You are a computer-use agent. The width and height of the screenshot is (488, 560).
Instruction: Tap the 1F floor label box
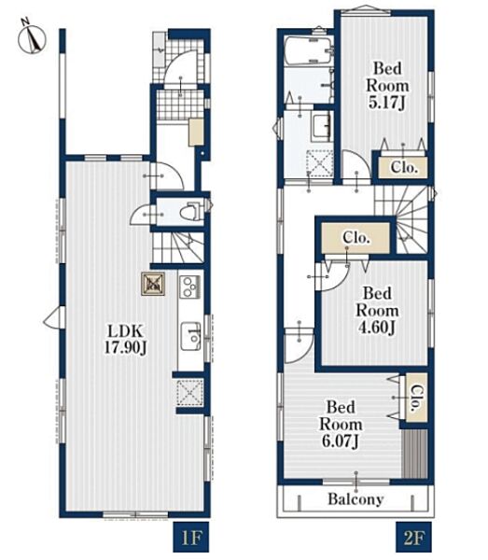click(191, 538)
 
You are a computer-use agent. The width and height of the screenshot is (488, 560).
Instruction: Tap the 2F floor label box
click(413, 538)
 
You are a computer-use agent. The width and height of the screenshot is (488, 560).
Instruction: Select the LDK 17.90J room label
click(126, 340)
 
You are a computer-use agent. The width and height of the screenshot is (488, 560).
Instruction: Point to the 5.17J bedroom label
click(387, 86)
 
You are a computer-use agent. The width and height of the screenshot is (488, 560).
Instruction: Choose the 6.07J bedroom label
click(341, 425)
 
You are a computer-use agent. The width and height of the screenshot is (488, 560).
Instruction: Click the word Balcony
click(356, 499)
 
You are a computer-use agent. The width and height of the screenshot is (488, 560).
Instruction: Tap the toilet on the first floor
click(190, 212)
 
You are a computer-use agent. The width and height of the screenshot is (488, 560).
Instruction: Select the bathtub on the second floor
click(309, 50)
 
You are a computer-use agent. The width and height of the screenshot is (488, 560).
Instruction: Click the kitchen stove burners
click(189, 287)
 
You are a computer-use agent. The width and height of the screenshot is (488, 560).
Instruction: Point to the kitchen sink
click(190, 336)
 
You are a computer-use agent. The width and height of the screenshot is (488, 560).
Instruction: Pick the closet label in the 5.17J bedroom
click(404, 167)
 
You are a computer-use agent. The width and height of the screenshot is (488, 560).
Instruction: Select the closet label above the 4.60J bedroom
click(356, 237)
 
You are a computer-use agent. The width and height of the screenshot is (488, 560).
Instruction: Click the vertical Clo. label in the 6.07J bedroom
click(416, 398)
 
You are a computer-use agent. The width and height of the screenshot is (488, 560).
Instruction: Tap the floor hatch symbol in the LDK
click(153, 284)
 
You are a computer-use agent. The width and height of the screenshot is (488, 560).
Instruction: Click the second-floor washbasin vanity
click(322, 126)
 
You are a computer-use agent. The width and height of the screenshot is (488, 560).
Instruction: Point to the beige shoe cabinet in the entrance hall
click(196, 132)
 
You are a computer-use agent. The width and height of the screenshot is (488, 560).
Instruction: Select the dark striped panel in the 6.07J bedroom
click(415, 454)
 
